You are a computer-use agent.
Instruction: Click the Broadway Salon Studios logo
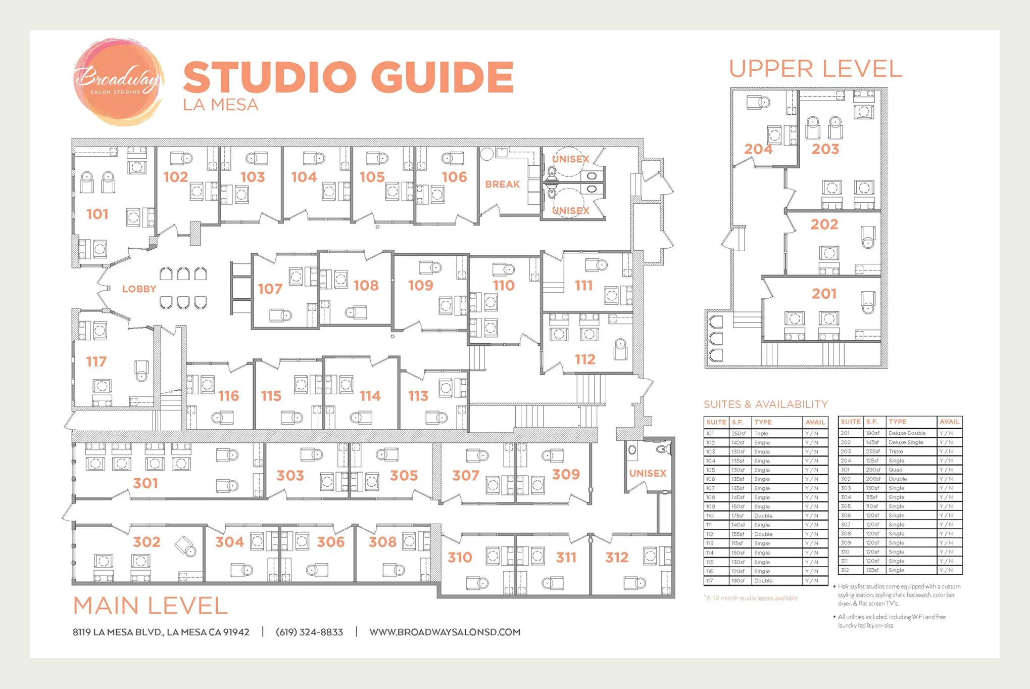118,81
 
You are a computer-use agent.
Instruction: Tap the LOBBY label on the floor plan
139,289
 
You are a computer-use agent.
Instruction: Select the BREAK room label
502,184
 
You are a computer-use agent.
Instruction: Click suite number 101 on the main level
97,214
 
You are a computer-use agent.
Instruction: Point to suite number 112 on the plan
585,359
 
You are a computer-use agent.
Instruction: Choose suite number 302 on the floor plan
146,542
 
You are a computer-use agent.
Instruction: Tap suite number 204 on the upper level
758,149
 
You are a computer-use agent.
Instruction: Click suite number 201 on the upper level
824,294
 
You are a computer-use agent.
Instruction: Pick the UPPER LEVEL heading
815,69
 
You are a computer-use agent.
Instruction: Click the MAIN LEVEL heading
150,606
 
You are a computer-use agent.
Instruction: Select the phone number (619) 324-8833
309,632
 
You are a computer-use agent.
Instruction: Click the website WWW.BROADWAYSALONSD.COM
445,632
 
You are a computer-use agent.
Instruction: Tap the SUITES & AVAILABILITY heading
765,404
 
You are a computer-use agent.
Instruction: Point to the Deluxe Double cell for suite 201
907,433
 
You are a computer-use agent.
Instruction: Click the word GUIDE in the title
442,76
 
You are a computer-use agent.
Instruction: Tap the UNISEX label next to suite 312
648,473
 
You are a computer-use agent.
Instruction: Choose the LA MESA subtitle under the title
221,105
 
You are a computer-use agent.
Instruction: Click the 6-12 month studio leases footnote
751,598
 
